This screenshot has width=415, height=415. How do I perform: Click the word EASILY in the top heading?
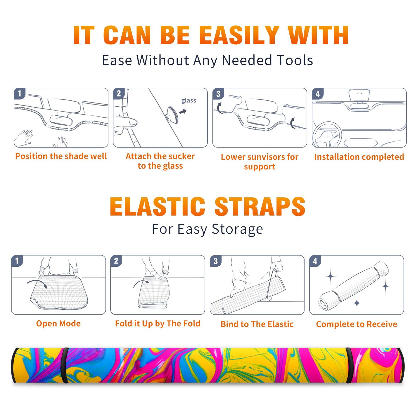click(239, 35)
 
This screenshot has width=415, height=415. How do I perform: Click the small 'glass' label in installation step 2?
click(189, 101)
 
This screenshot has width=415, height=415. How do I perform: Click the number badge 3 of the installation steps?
click(218, 94)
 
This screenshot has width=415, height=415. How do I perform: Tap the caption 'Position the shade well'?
click(61, 156)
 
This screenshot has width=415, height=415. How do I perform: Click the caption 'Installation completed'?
click(359, 157)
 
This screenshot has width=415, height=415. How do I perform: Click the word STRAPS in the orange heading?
click(260, 206)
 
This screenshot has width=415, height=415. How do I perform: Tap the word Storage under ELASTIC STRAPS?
click(237, 229)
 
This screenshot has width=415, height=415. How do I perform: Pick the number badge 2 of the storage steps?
click(116, 261)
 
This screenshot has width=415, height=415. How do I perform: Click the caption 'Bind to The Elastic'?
click(257, 324)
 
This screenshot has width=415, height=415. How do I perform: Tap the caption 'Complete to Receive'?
click(356, 324)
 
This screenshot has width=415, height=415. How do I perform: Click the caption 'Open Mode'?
click(58, 323)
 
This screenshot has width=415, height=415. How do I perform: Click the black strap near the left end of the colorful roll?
click(65, 365)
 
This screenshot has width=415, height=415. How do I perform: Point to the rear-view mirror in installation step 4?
click(359, 95)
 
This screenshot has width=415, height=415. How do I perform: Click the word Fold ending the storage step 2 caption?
click(192, 323)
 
